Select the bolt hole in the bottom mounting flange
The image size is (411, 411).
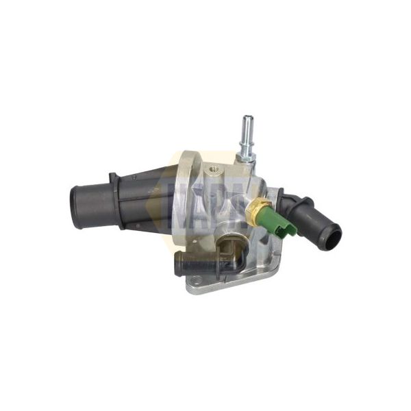(197, 279)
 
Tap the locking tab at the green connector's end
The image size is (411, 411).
(293, 229)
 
